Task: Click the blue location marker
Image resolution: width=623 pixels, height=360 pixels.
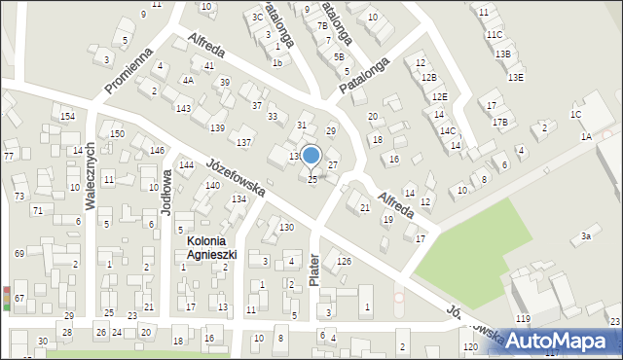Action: [311, 155]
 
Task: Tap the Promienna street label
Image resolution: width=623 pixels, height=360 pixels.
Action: [128, 72]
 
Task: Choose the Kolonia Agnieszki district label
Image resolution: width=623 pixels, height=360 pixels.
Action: [206, 248]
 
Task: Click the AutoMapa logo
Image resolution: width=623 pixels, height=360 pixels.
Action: [563, 341]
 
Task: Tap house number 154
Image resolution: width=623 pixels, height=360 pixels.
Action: [67, 117]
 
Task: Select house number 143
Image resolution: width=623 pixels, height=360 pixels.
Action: [183, 107]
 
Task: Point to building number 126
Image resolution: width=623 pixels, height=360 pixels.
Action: [344, 261]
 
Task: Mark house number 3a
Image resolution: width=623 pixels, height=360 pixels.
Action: [586, 236]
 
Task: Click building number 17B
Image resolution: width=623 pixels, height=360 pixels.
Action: [500, 122]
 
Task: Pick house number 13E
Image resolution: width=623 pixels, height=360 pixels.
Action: [516, 77]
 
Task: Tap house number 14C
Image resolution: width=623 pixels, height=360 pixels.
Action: [448, 130]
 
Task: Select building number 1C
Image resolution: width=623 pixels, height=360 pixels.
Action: [576, 115]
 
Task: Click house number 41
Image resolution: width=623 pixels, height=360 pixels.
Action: [209, 65]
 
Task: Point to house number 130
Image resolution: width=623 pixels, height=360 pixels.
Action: [286, 227]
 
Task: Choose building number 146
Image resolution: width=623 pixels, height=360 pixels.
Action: [157, 150]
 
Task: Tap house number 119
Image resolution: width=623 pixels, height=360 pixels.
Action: [523, 319]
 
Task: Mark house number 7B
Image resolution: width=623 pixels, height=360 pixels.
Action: [322, 26]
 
